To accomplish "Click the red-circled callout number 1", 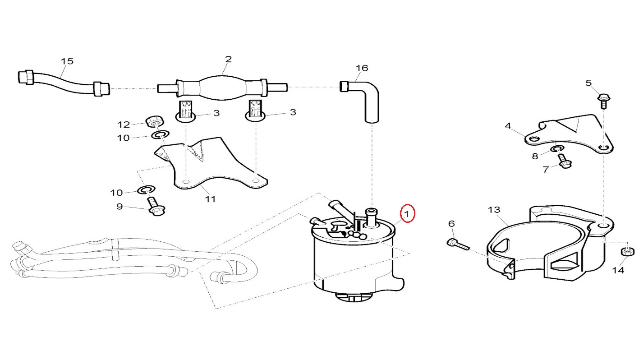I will click(x=407, y=214).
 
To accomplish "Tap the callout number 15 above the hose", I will click(x=67, y=61).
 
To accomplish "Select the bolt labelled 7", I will click(x=564, y=161).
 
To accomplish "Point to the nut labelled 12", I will click(x=154, y=122).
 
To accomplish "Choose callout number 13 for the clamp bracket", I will click(x=494, y=209).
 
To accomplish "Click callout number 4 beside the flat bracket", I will click(x=508, y=126).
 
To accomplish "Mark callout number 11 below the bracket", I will click(x=210, y=199).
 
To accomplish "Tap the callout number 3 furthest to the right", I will click(x=293, y=112).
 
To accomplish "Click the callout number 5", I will click(x=588, y=83).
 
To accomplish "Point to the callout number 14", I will click(x=618, y=270).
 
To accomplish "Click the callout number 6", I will click(x=451, y=224).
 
